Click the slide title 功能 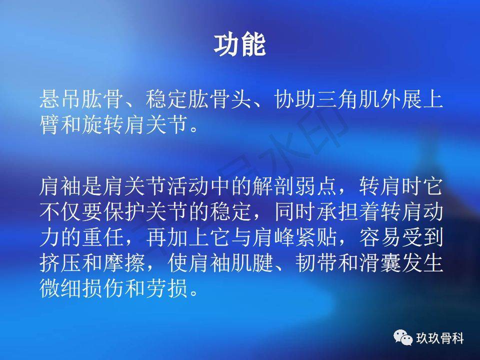click(x=239, y=45)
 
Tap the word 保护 click(x=124, y=211)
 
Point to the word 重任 click(x=103, y=237)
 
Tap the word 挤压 click(x=60, y=262)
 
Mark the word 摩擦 click(x=124, y=262)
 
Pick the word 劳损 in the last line click(x=167, y=288)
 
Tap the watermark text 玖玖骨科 click(x=440, y=338)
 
